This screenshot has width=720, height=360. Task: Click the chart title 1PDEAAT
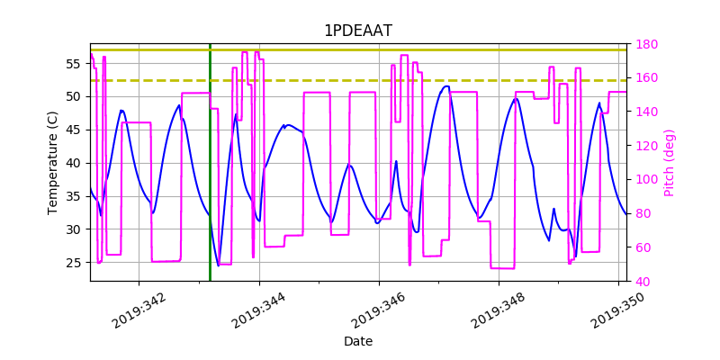point(357,31)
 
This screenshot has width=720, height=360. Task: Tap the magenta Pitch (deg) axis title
point(669,162)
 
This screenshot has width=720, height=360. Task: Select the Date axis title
point(357,341)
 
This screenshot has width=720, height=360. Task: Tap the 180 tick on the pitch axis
point(646,44)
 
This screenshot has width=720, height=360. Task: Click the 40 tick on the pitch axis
point(643,282)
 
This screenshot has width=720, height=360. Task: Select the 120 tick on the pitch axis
point(646,112)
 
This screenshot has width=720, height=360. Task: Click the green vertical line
point(210,180)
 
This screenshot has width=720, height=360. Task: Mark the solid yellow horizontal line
point(360,49)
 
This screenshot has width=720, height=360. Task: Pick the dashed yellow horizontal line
point(360,80)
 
